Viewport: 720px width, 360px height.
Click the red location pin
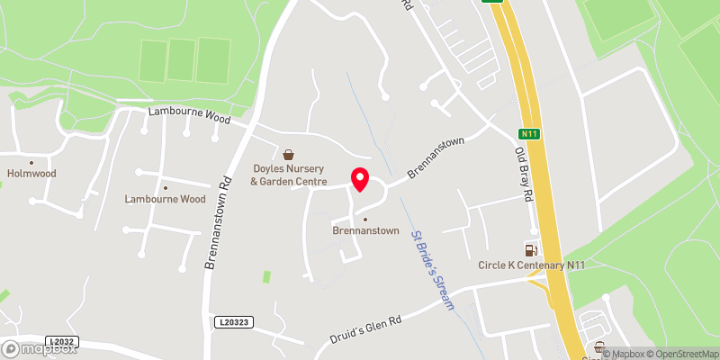click(359, 178)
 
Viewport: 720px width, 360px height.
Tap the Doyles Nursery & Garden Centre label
click(288, 175)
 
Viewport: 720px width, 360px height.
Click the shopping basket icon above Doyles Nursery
click(288, 154)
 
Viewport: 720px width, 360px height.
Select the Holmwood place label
click(31, 175)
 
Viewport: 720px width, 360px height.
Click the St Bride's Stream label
click(433, 271)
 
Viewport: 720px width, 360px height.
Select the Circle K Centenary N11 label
click(531, 265)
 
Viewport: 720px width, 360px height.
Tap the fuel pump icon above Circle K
click(531, 249)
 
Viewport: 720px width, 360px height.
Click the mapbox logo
click(37, 348)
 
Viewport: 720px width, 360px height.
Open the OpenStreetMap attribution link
click(681, 353)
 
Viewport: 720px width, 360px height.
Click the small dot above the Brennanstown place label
click(364, 219)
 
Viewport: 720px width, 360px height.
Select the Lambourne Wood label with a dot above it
click(166, 199)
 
